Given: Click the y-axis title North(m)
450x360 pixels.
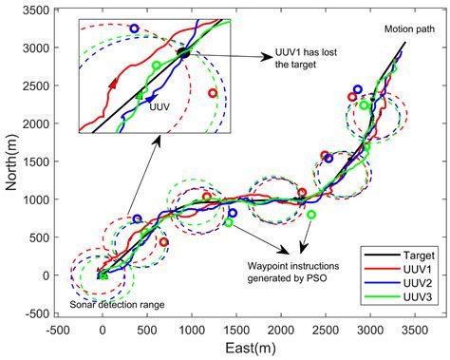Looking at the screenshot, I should coord(11,161).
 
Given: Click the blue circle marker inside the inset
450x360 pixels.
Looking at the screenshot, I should coord(134,29).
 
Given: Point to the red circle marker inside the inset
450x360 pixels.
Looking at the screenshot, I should coord(212,93).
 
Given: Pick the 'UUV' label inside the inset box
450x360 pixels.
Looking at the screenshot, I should coord(159,108).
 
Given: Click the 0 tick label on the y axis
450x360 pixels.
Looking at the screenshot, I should coord(49,275).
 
